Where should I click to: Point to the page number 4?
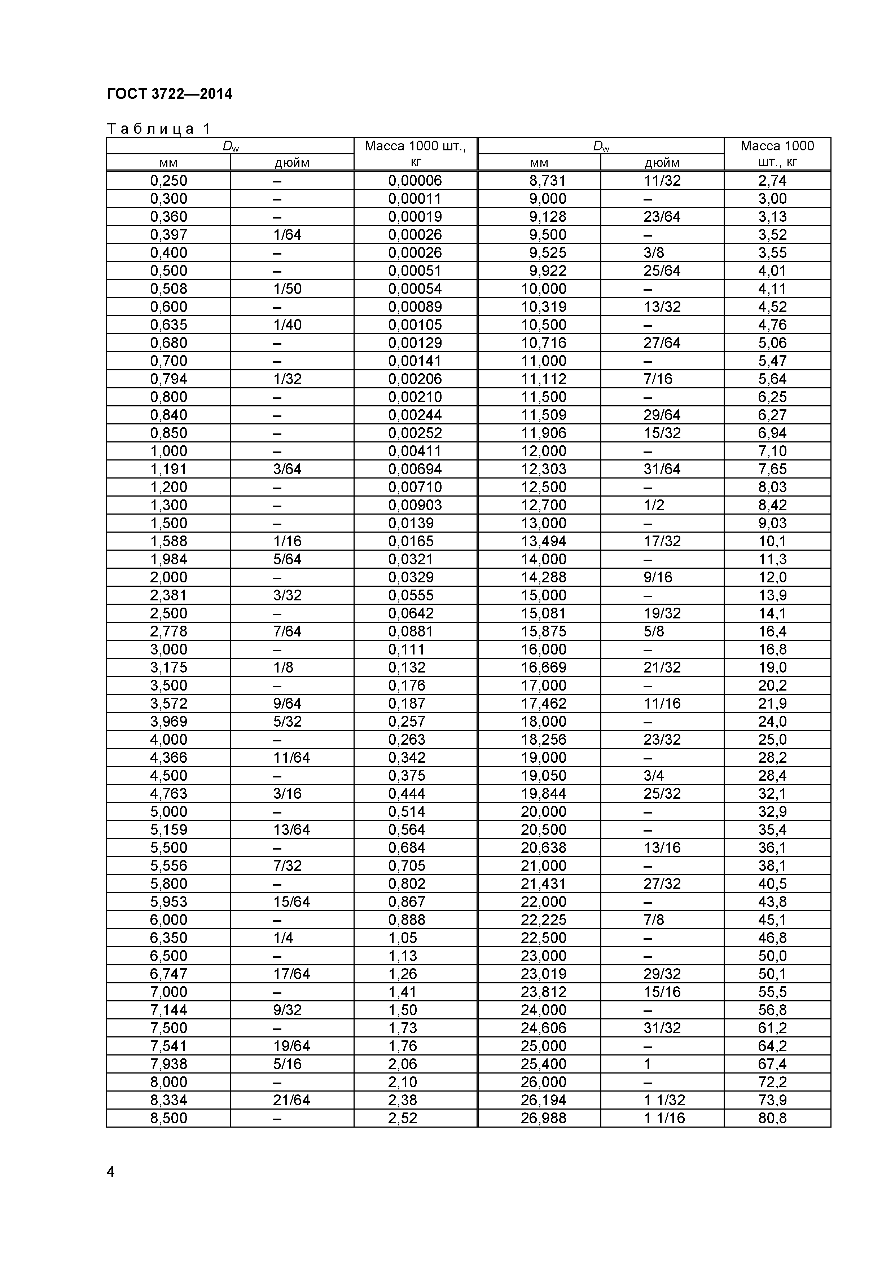(x=111, y=1171)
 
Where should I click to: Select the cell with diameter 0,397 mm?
(x=168, y=235)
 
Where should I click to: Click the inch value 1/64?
(x=287, y=235)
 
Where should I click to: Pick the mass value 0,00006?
(x=415, y=181)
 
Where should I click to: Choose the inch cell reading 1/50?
(x=287, y=289)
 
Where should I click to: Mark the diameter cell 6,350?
(x=168, y=938)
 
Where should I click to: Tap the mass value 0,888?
(x=407, y=920)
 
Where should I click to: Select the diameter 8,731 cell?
(x=547, y=181)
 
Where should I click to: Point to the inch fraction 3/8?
(x=654, y=253)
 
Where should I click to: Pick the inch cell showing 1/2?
(x=654, y=505)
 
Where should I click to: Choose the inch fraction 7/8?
(x=654, y=920)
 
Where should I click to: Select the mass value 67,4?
(x=772, y=1064)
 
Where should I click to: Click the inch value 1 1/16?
(x=664, y=1118)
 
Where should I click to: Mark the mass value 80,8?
(x=772, y=1118)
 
